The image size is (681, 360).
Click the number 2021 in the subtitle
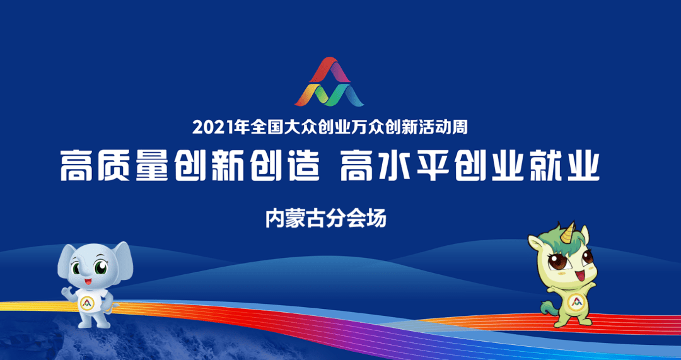tap(212, 127)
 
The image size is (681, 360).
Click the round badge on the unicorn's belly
tap(574, 302)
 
